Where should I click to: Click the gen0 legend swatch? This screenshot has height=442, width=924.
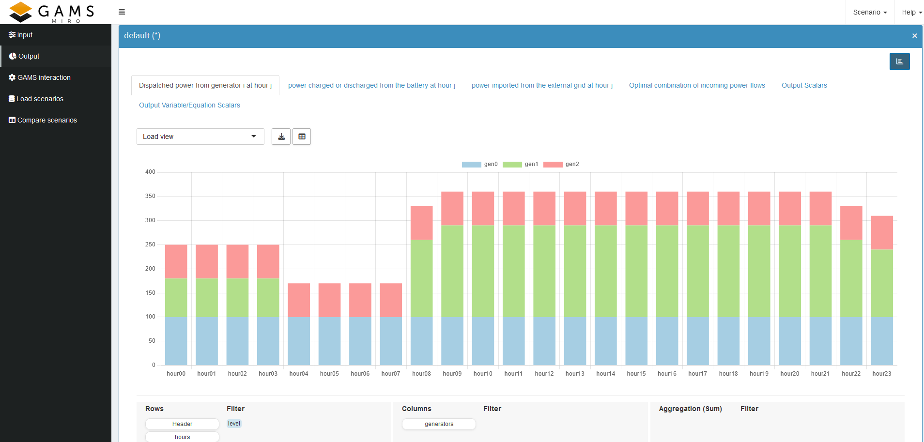click(x=471, y=165)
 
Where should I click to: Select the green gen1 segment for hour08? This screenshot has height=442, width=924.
click(x=421, y=278)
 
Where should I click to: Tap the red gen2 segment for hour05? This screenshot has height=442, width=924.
click(x=329, y=300)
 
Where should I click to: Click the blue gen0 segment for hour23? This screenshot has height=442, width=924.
click(x=881, y=341)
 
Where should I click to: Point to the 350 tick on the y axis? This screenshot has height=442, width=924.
click(x=150, y=196)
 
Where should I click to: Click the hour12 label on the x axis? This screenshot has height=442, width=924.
click(x=544, y=374)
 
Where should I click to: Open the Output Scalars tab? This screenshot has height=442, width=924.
click(x=804, y=85)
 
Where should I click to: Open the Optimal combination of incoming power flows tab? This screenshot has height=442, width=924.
click(x=697, y=85)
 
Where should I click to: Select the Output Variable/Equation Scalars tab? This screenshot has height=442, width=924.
click(x=189, y=105)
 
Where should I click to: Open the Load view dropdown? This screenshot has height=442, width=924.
click(x=200, y=137)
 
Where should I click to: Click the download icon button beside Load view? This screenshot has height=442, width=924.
click(x=281, y=137)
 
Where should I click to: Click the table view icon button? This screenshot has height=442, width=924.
click(x=302, y=137)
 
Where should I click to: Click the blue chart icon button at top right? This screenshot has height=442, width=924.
click(x=899, y=61)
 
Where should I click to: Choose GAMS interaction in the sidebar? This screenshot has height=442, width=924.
click(x=44, y=77)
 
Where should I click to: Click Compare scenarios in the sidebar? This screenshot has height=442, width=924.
click(x=47, y=120)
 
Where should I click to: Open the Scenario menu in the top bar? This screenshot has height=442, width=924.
click(x=870, y=12)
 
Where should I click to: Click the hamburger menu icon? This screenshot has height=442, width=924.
click(x=122, y=12)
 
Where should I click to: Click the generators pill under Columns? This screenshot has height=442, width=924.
click(x=439, y=424)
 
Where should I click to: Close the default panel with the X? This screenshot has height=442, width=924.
click(x=914, y=36)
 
